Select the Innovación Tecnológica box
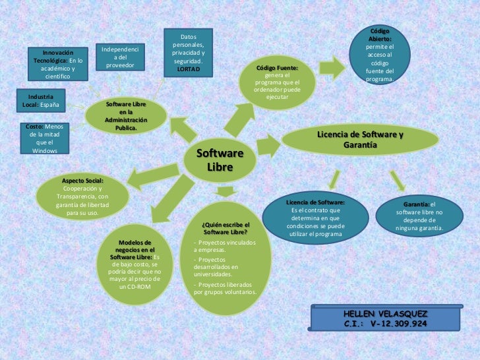pos(58,63)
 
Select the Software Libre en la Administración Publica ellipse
pos(126,116)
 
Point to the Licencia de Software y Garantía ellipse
pos(360,139)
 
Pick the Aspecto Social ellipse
pos(83,196)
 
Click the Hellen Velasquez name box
pos(385,319)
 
